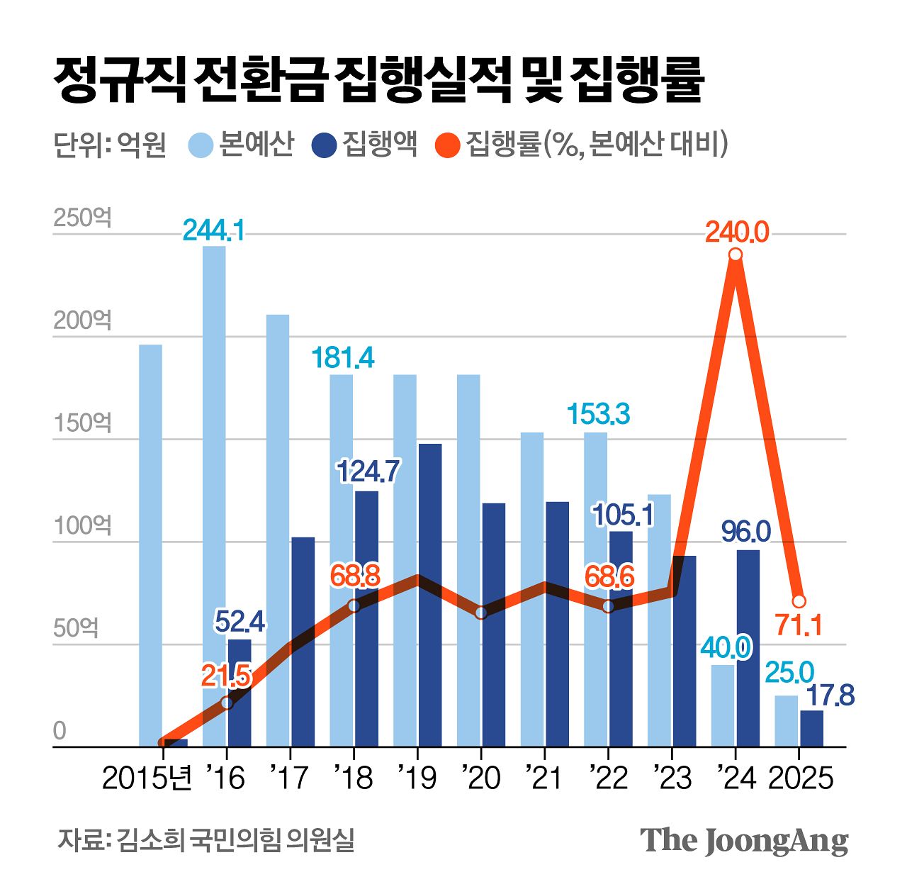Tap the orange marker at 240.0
point(736,255)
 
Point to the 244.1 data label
point(214,230)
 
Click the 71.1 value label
point(799,626)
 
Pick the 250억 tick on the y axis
point(82,218)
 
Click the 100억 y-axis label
point(82,526)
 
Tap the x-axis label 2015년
point(147,778)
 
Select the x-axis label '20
point(481,778)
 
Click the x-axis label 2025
point(801,778)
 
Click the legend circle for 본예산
point(201,145)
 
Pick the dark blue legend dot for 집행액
point(324,145)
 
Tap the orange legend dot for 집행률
point(448,145)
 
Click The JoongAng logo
point(744,841)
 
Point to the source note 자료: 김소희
point(205,839)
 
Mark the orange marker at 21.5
point(227,703)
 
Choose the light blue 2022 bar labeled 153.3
point(595,588)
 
